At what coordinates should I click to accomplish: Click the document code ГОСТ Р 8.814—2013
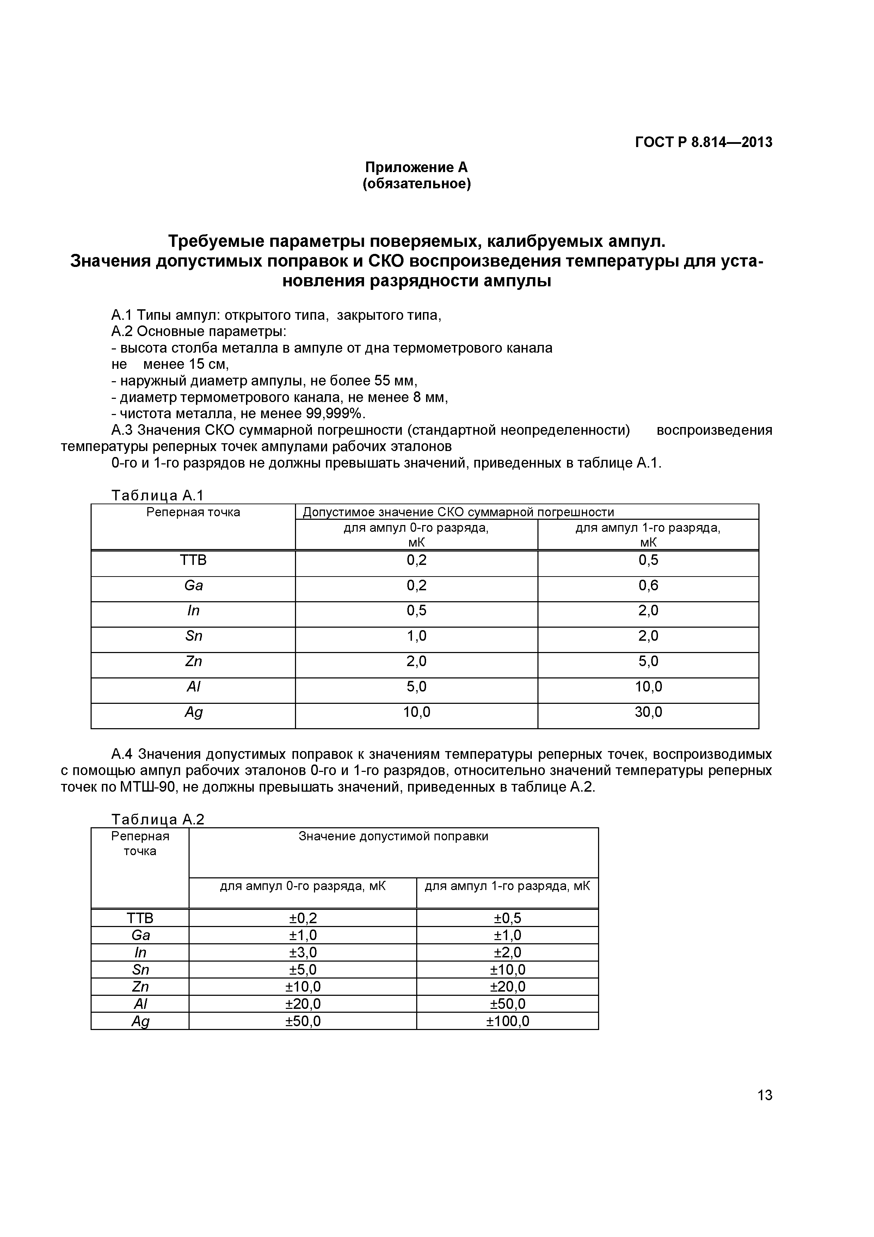point(703,142)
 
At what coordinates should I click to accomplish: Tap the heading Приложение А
point(416,167)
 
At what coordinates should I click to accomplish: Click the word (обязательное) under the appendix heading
point(416,184)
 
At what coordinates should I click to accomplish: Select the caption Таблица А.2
point(158,819)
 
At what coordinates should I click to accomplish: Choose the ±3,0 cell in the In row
point(303,952)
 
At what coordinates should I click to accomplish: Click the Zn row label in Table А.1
point(193,662)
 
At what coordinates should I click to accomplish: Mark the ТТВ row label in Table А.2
point(140,918)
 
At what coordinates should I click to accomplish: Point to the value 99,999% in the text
point(335,414)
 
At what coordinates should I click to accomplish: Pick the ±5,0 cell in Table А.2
point(303,970)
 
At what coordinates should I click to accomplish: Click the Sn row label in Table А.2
point(140,970)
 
